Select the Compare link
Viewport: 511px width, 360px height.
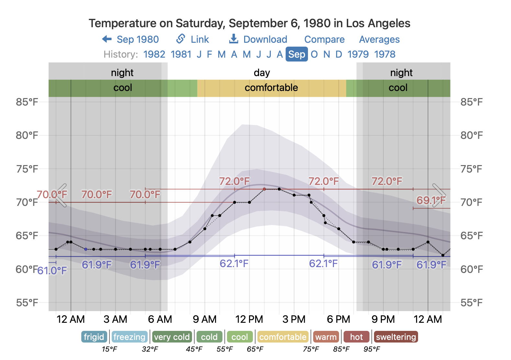click(324, 39)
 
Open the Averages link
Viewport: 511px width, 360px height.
click(379, 39)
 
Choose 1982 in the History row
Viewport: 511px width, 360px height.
click(154, 54)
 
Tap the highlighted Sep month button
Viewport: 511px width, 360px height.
click(297, 54)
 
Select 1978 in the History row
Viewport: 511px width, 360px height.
click(385, 54)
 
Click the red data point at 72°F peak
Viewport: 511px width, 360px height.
click(264, 189)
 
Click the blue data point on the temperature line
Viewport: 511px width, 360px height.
click(85, 249)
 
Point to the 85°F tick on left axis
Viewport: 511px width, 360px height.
click(27, 102)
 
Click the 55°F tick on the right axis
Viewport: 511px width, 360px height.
click(471, 303)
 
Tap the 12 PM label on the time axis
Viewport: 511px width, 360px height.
click(249, 320)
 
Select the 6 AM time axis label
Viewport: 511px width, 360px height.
click(160, 320)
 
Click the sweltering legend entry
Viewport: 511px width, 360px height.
click(396, 337)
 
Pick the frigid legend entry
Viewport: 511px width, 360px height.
click(94, 337)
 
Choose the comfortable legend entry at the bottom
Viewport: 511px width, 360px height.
click(283, 337)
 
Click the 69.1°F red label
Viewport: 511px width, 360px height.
click(431, 200)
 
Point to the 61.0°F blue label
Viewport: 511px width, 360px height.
click(52, 270)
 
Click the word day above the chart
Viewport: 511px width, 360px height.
click(262, 73)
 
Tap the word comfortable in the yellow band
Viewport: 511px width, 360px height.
click(271, 88)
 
